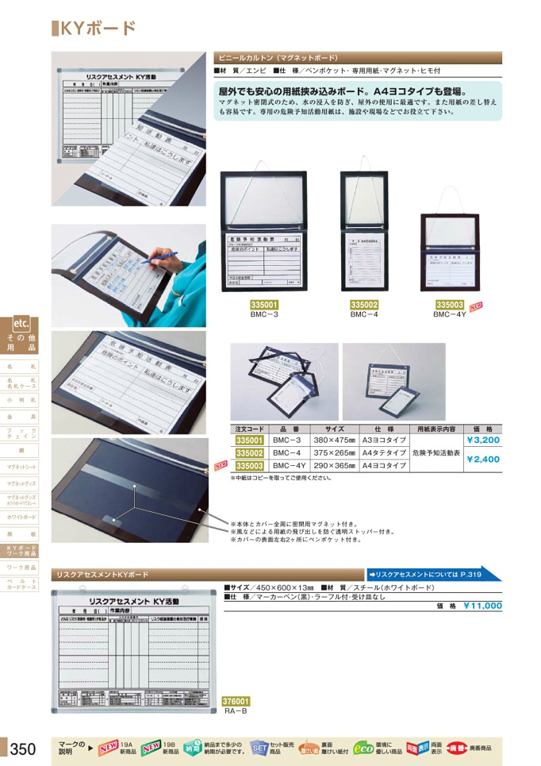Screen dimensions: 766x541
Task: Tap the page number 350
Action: (x=21, y=748)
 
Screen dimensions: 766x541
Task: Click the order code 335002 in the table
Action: (x=249, y=452)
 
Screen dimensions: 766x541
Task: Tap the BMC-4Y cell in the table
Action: (x=289, y=466)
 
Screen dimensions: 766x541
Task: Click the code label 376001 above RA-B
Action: (x=236, y=701)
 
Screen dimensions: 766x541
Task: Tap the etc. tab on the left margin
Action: (x=21, y=323)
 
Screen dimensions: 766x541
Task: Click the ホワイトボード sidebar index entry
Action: (x=21, y=517)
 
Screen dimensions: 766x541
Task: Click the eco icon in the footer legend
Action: (x=363, y=748)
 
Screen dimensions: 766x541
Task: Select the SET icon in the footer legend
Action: (x=259, y=748)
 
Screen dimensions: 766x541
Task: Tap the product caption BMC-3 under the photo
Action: (x=264, y=314)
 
